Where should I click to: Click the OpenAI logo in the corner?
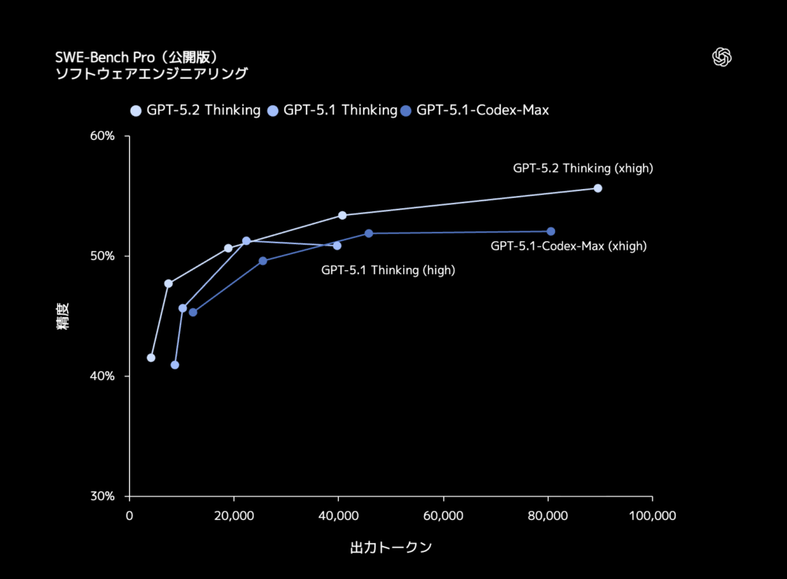(722, 58)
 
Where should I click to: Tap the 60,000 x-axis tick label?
(443, 516)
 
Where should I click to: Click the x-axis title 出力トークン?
(390, 548)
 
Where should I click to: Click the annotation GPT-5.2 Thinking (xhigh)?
(583, 168)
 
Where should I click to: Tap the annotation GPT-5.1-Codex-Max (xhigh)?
(568, 246)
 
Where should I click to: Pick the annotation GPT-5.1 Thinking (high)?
(388, 270)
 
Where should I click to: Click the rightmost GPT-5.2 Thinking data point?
(598, 188)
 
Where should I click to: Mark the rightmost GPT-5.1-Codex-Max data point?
(551, 231)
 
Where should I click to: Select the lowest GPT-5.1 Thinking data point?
(174, 365)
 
